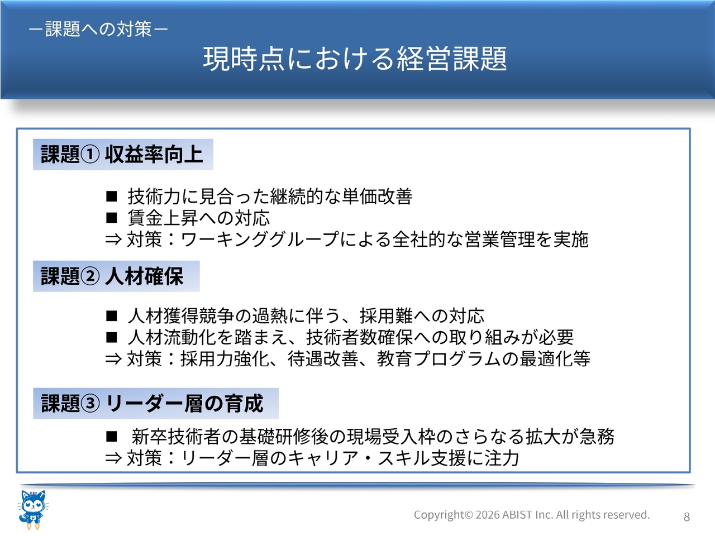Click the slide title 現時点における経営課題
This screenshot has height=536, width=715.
pos(355,59)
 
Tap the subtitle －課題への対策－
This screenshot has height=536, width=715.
pos(98,29)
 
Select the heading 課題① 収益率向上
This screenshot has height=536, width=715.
pos(122,154)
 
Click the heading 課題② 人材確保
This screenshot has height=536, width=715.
pos(112,276)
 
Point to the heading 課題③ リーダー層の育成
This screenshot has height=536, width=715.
pos(152,403)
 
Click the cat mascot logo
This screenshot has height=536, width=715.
pos(33,510)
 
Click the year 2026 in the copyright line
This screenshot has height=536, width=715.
pos(488,515)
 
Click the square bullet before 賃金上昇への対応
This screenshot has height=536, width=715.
pos(111,218)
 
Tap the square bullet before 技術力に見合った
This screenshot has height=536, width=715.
pos(111,196)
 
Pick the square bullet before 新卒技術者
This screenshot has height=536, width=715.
pos(111,437)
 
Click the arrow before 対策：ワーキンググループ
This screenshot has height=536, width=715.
pos(114,240)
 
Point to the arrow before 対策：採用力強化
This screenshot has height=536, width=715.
pos(114,359)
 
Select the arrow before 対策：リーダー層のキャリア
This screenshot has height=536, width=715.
pos(114,458)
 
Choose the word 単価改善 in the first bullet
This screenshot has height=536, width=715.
pos(377,196)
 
